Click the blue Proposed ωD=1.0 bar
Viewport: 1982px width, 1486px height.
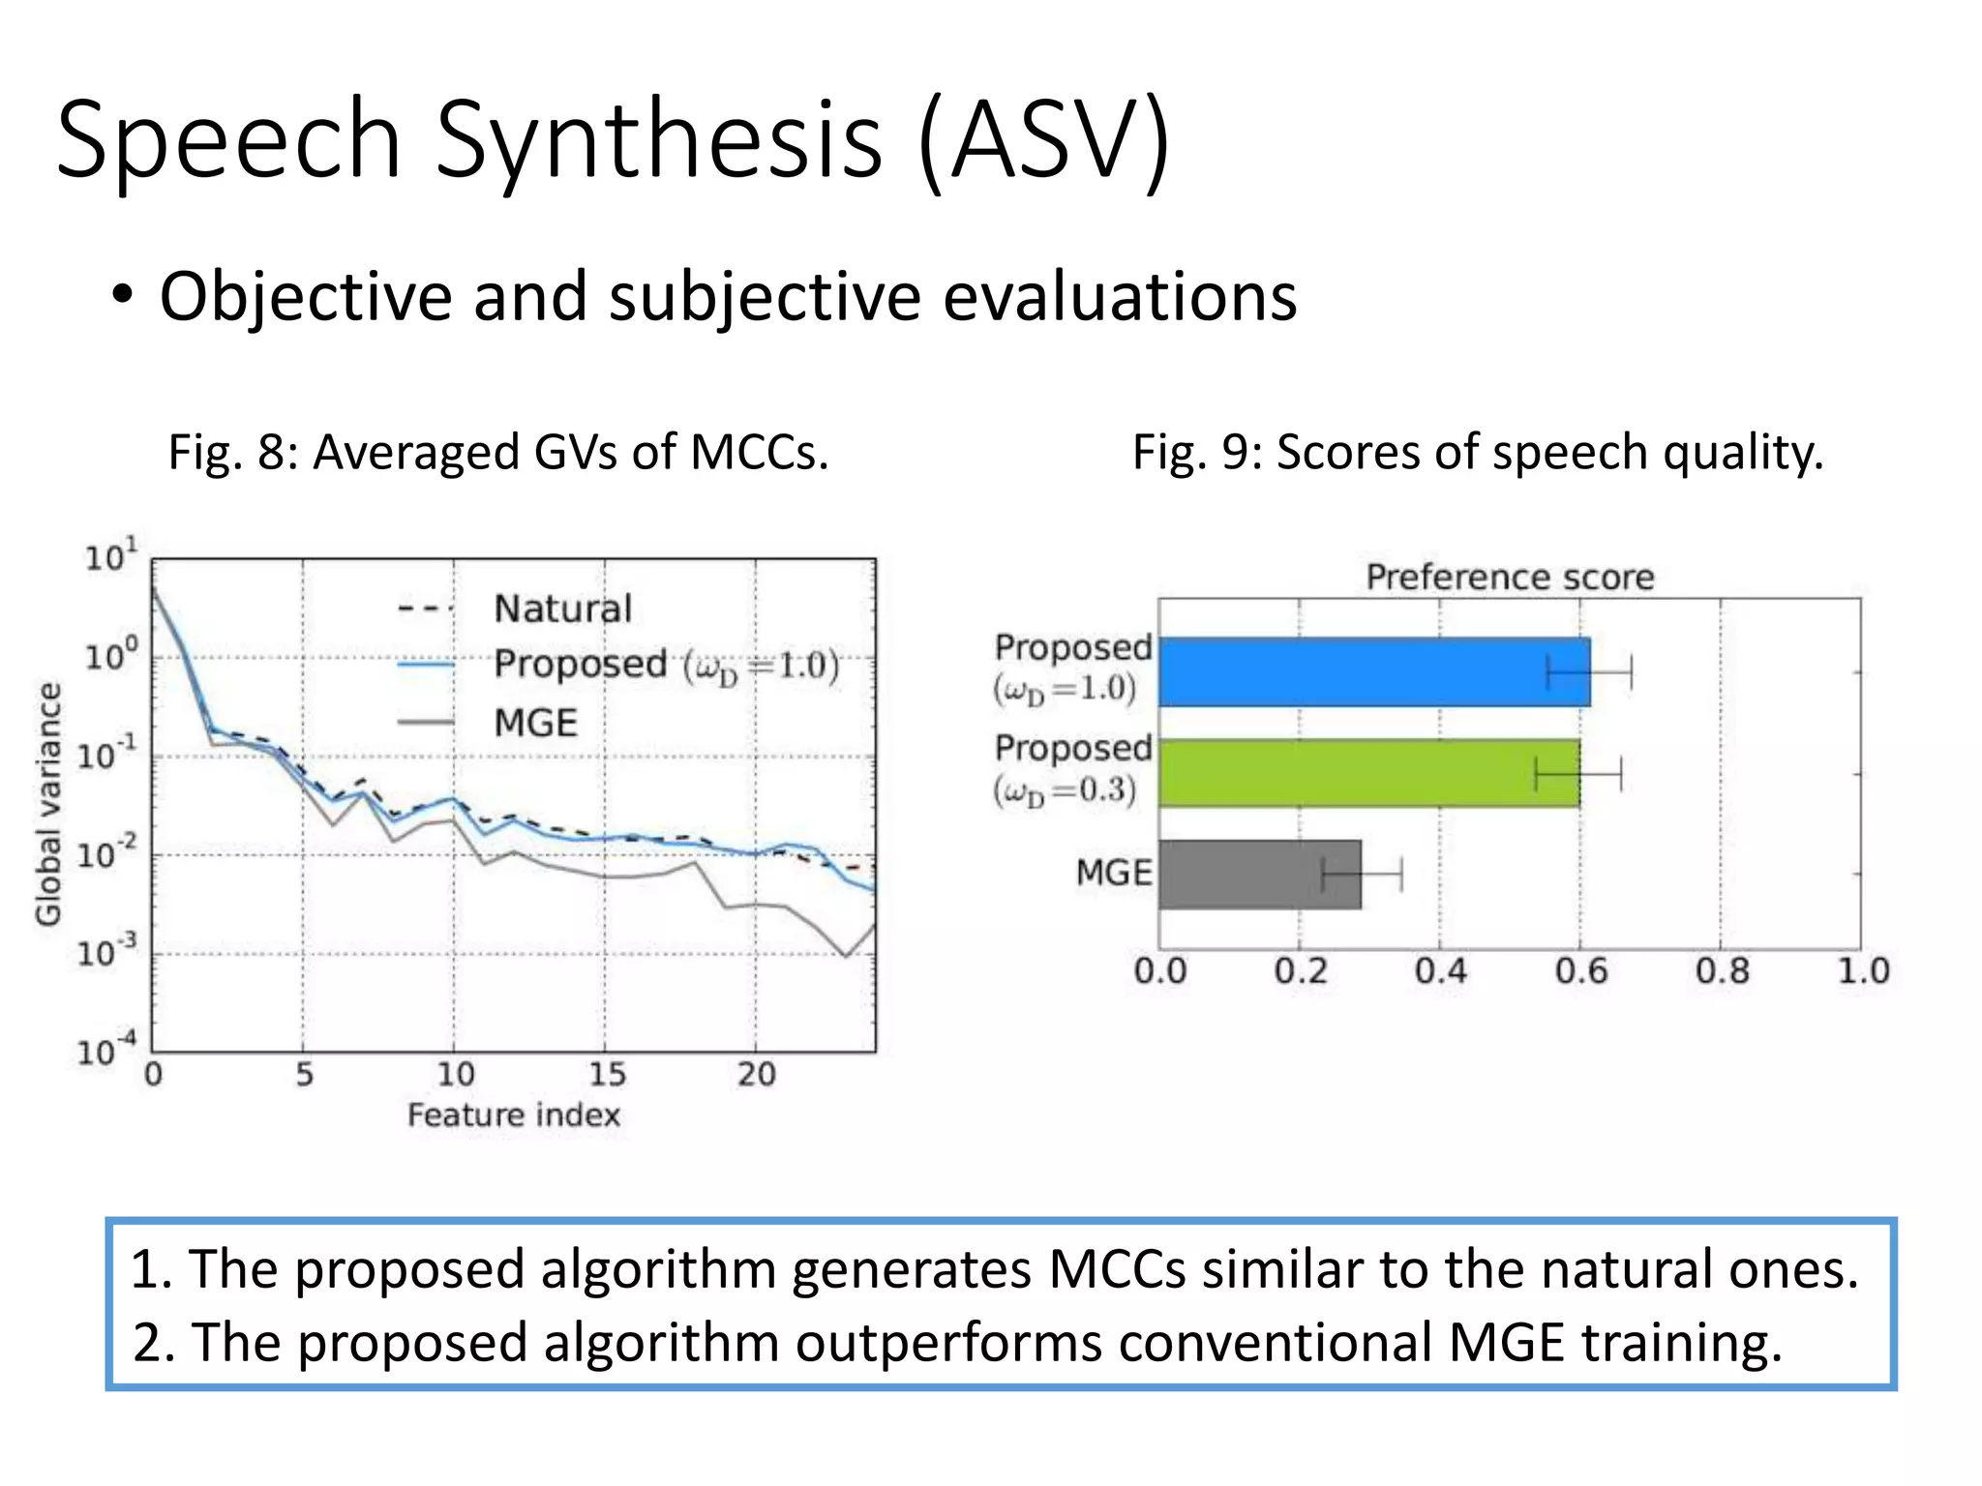pos(1373,671)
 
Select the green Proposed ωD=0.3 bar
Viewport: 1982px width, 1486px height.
pos(1368,773)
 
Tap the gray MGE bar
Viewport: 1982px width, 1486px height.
pos(1259,875)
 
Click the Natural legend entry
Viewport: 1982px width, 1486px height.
pos(562,609)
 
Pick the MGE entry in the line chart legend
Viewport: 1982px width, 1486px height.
pos(535,723)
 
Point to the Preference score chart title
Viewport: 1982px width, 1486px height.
pos(1510,578)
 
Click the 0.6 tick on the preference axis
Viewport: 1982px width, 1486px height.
pos(1580,970)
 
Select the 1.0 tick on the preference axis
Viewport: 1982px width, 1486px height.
pos(1863,970)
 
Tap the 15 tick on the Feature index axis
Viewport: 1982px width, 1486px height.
pos(607,1074)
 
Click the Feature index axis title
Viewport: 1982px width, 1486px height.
pos(513,1115)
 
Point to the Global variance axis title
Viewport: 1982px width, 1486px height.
pos(48,804)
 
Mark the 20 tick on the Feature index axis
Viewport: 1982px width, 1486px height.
pos(757,1074)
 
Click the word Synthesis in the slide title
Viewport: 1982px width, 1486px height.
pos(658,139)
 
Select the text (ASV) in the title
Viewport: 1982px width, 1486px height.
pos(1044,139)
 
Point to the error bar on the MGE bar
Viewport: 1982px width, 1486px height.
pos(1362,875)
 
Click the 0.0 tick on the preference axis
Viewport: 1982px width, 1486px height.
pos(1159,970)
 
